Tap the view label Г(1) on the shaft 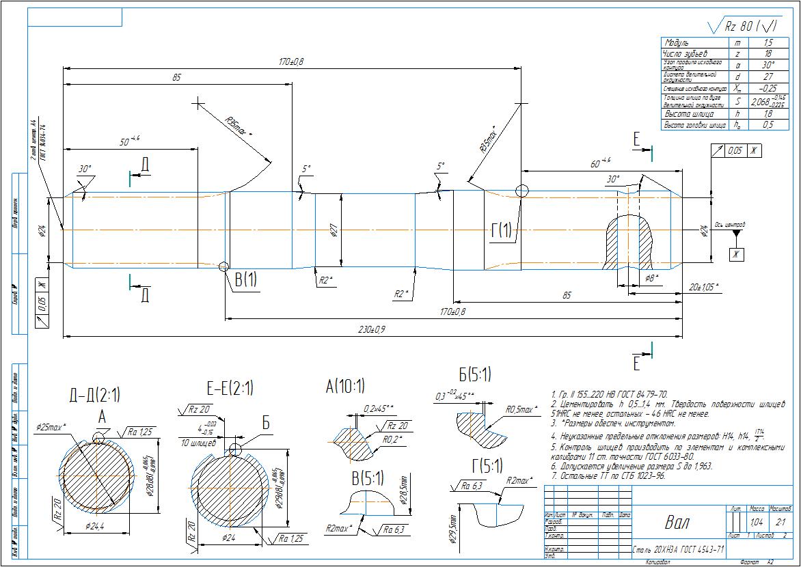tap(501, 231)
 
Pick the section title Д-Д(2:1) tap(94, 394)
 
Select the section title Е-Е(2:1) tap(230, 389)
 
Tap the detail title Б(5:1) tap(474, 374)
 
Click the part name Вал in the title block tap(677, 523)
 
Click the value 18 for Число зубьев tap(768, 53)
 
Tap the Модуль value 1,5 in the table tap(768, 42)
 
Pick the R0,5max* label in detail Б tap(521, 410)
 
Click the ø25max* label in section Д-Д tap(52, 427)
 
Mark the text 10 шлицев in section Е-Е tap(198, 443)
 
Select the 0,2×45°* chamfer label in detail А tap(379, 409)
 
